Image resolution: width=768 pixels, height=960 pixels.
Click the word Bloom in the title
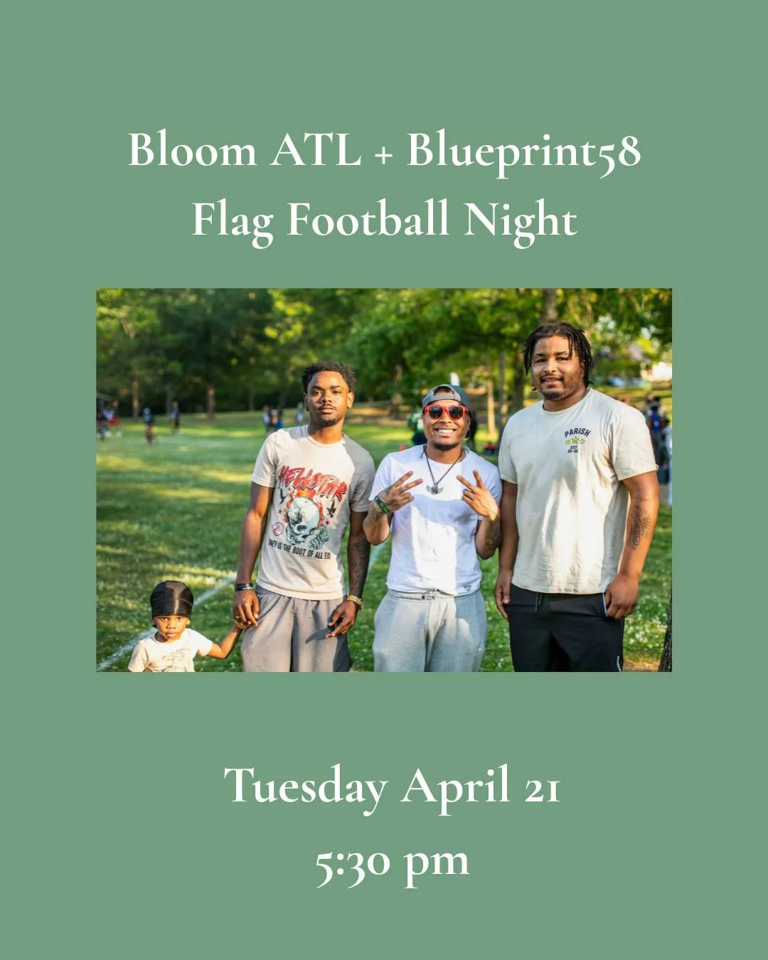click(192, 151)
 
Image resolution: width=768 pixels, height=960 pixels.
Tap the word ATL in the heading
click(315, 151)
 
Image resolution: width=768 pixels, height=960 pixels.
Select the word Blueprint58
click(523, 152)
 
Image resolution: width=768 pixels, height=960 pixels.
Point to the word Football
click(368, 219)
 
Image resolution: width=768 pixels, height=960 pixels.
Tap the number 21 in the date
click(543, 788)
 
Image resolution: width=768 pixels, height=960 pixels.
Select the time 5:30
click(353, 862)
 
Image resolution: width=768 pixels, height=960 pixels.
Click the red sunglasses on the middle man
click(446, 412)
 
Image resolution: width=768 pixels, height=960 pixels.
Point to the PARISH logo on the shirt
click(577, 439)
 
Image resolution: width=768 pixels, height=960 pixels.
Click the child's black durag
click(171, 599)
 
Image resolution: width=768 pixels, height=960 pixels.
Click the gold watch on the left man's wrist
click(354, 602)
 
